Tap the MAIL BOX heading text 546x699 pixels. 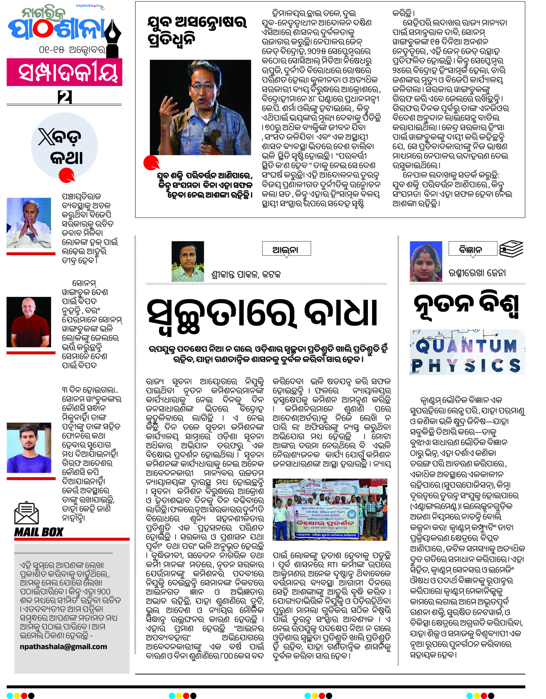pos(39,532)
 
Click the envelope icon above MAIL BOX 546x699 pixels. pos(26,513)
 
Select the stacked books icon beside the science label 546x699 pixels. pos(511,248)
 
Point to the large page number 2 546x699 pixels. pos(65,97)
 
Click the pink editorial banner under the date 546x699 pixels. pos(64,72)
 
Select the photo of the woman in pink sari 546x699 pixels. pos(426,262)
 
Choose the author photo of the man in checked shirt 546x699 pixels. pos(188,262)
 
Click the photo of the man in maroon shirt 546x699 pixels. pos(29,322)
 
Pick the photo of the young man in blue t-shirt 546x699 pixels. pos(29,448)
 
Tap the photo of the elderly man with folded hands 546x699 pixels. pos(29,223)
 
